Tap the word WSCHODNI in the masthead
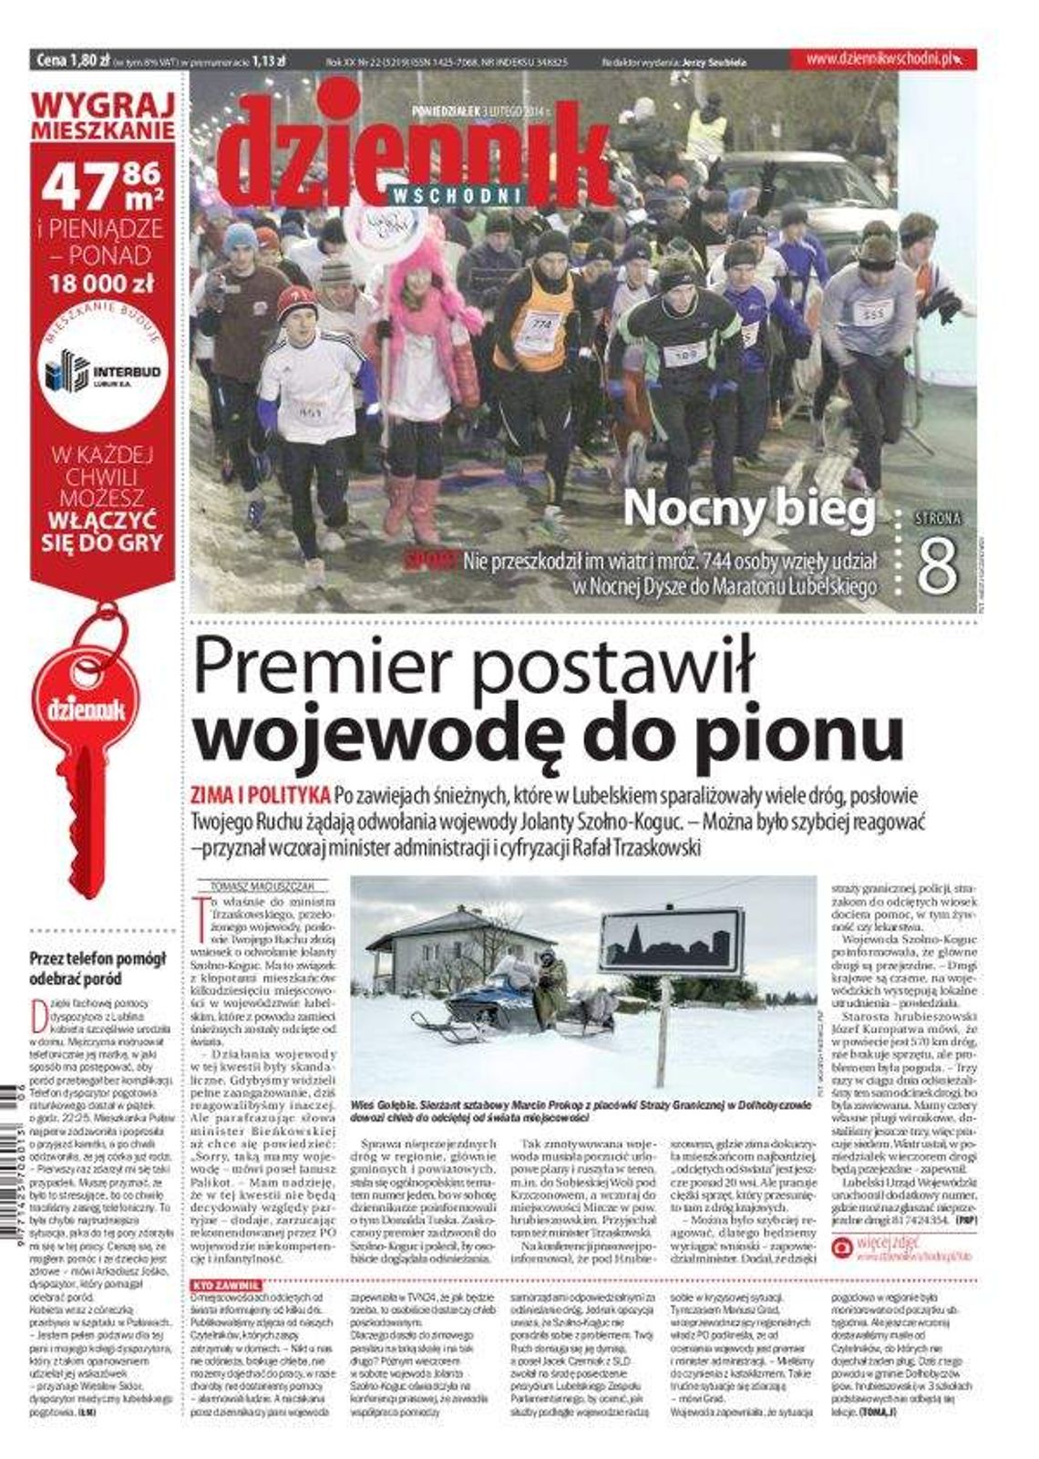[458, 194]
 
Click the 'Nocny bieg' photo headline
[748, 510]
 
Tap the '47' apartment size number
[77, 188]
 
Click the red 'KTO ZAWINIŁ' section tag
[220, 1286]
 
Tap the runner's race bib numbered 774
[541, 323]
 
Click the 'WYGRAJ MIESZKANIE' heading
[102, 116]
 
